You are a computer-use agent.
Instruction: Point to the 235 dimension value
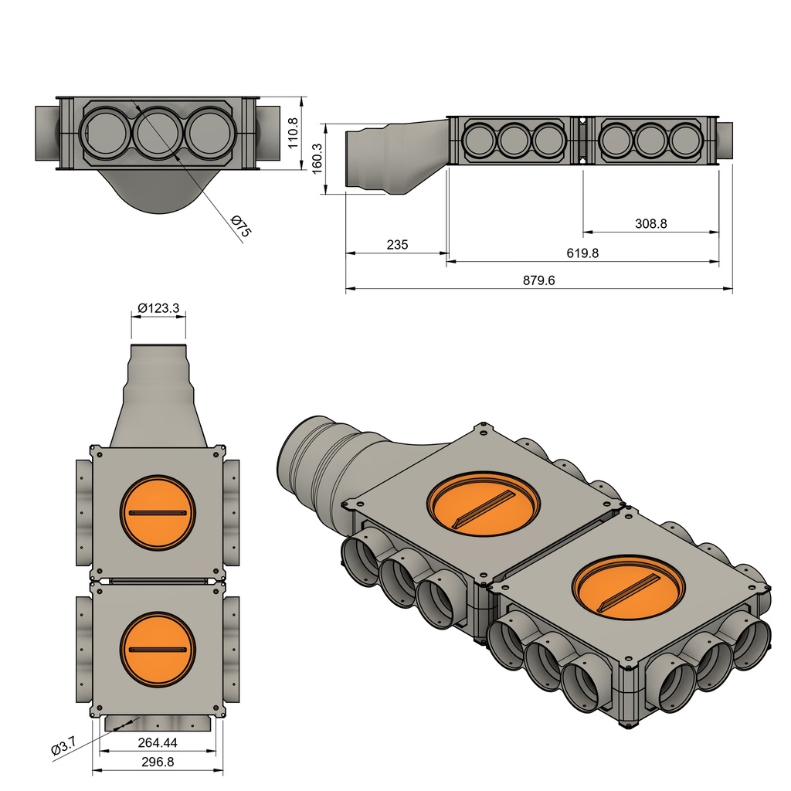coord(396,245)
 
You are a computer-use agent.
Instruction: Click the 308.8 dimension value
coord(650,223)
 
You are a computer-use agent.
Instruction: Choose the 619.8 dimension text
coord(582,253)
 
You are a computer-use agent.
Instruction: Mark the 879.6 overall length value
coord(538,281)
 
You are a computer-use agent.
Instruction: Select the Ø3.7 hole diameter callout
coord(63,747)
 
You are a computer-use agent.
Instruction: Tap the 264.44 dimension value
coord(158,742)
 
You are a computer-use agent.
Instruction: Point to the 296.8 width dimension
coord(158,762)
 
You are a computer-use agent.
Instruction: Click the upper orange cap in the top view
coord(158,513)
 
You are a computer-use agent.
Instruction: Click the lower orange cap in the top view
coord(158,648)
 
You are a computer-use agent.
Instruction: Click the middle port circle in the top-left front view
coord(158,133)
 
